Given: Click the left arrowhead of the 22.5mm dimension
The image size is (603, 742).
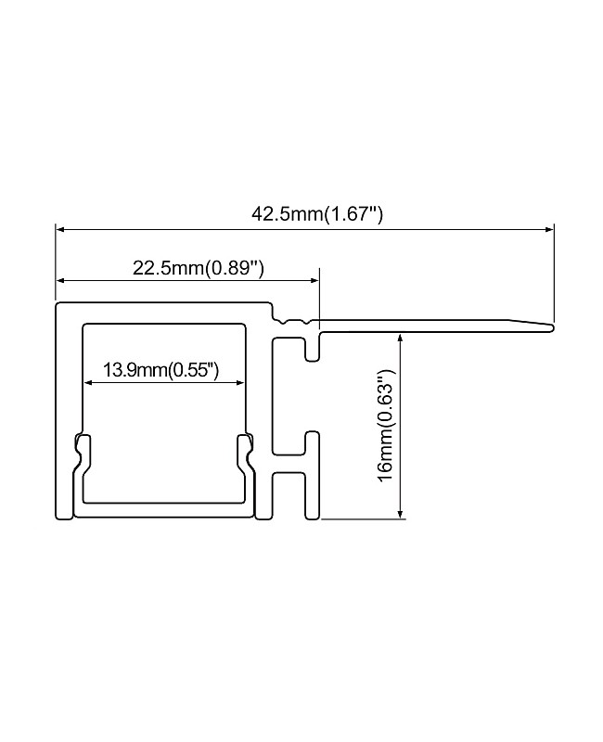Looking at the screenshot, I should point(60,279).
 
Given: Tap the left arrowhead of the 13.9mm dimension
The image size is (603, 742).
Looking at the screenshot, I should point(88,381).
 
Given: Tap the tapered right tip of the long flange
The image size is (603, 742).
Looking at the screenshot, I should point(550,326).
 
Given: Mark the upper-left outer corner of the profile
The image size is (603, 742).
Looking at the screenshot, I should point(58,304).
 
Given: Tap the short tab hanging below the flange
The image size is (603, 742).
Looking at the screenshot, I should point(314,348).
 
